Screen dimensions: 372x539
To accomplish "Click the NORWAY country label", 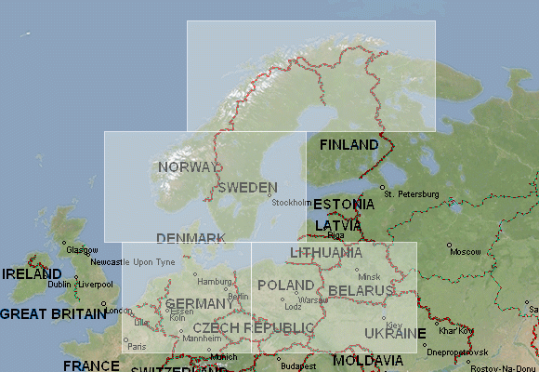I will (188, 167).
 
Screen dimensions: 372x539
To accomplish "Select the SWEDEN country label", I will (247, 187).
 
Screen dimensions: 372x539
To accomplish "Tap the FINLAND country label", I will (349, 145).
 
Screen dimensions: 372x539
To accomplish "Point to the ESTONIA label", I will (344, 205).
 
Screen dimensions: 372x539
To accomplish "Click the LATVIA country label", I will (338, 225).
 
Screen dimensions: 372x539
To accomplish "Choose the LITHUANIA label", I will (326, 253).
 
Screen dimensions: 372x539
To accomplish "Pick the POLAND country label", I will (285, 285).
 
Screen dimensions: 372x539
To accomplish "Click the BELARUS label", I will (362, 291).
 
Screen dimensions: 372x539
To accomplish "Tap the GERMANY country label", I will (200, 304).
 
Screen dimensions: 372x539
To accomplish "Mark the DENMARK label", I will (191, 239).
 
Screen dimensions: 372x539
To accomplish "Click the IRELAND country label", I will (32, 274).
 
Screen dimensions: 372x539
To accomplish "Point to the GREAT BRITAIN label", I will (53, 314).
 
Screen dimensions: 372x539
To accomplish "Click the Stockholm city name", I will (292, 203).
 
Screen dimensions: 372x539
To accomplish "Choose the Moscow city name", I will (465, 252).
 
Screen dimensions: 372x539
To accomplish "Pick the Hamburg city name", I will (215, 281).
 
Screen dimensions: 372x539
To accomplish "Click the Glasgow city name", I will (82, 250).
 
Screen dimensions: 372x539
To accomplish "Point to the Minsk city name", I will (369, 277).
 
